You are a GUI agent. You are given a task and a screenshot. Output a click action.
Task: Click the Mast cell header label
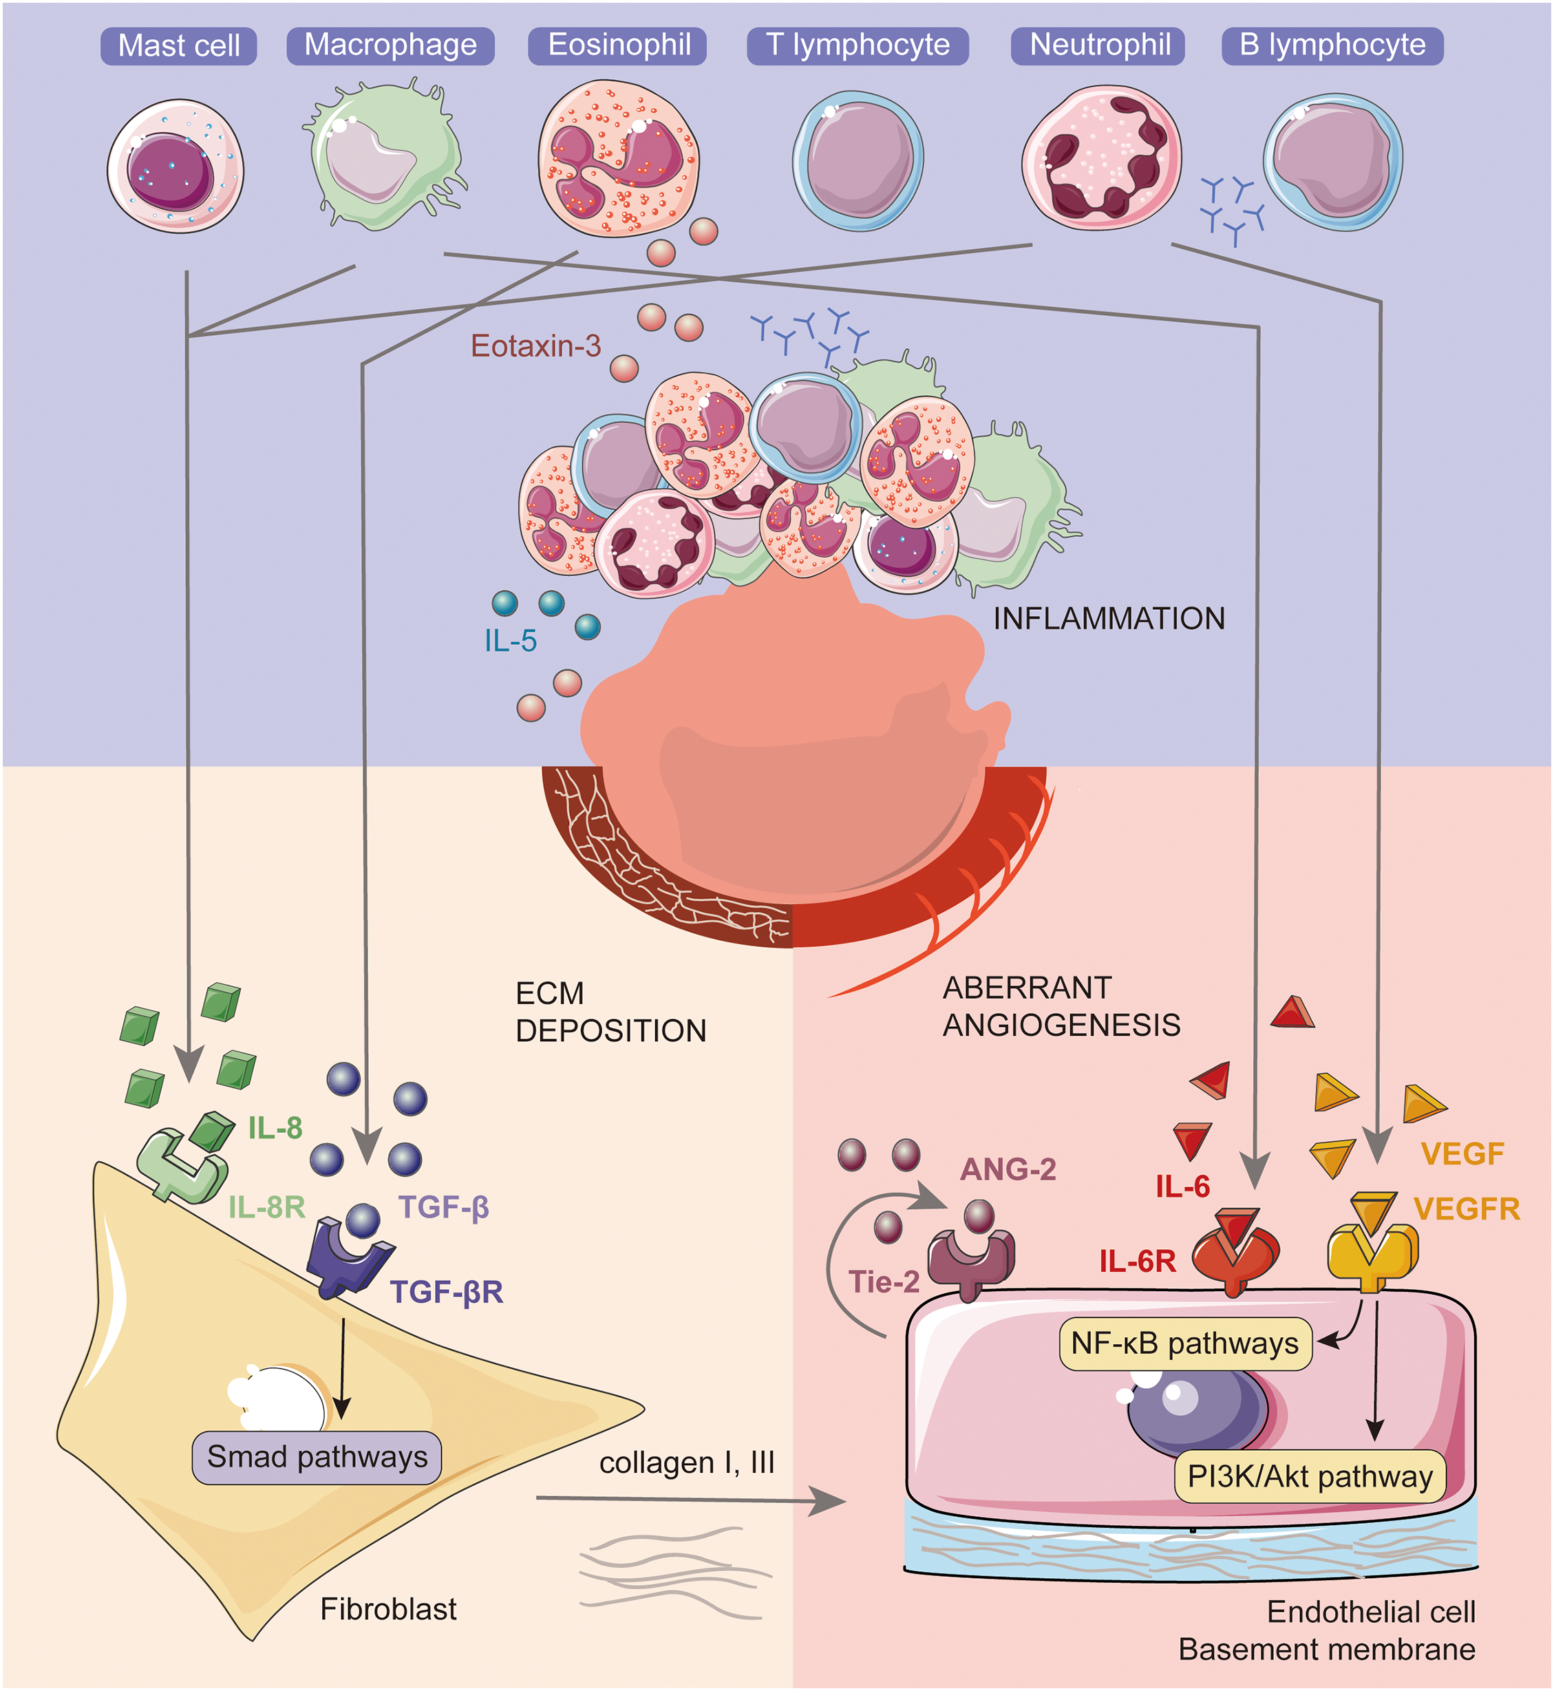point(178,45)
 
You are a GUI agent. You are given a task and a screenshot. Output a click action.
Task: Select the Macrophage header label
point(390,45)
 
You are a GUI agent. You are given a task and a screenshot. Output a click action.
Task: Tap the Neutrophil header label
point(1099,45)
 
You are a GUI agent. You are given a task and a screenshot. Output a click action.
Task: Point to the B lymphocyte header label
point(1332,45)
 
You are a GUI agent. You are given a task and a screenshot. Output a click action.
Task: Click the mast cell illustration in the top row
point(175,167)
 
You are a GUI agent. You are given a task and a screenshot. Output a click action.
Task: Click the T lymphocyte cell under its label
point(858,160)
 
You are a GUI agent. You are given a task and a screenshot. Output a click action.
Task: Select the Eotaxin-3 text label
point(535,345)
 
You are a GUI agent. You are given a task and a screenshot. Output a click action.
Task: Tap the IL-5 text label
point(511,641)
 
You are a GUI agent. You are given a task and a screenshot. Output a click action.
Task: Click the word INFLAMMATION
point(1108,619)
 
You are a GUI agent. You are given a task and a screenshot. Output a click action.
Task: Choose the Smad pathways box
point(317,1457)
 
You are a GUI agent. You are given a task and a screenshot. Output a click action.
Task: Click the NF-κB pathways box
point(1184,1343)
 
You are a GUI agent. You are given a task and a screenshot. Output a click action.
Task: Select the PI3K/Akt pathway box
point(1309,1476)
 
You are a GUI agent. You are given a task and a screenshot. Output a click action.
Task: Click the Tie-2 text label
point(883,1281)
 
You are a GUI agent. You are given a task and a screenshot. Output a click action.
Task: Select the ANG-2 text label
point(1008,1169)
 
